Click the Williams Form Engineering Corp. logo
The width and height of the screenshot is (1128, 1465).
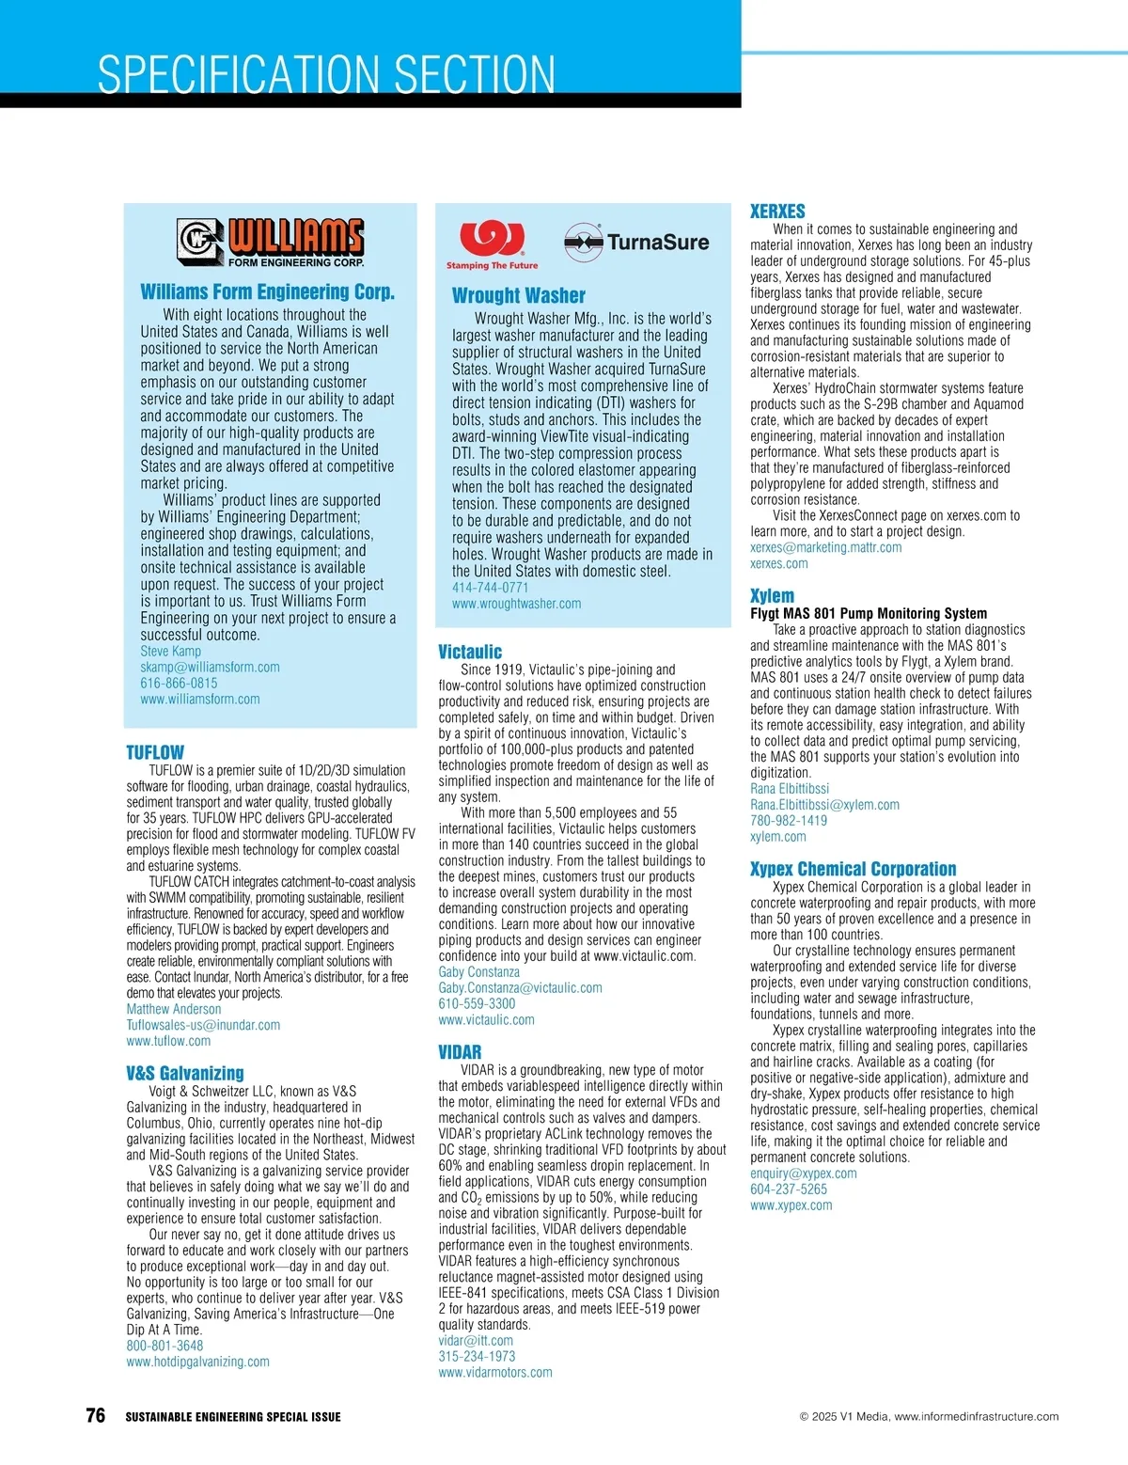pyautogui.click(x=271, y=242)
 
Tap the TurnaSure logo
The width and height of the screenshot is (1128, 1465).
pyautogui.click(x=636, y=242)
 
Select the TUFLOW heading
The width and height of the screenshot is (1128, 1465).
pyautogui.click(x=155, y=752)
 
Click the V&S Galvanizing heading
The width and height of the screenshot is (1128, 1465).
pyautogui.click(x=185, y=1073)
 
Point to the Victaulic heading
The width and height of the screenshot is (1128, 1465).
pyautogui.click(x=470, y=652)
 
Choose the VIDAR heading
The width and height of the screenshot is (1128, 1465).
pyautogui.click(x=460, y=1052)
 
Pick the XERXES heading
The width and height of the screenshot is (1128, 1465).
pyautogui.click(x=777, y=212)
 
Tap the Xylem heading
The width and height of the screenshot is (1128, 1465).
pyautogui.click(x=772, y=596)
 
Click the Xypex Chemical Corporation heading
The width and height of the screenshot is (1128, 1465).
pyautogui.click(x=853, y=869)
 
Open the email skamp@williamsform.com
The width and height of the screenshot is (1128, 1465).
pyautogui.click(x=210, y=667)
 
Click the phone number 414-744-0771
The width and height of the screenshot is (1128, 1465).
pyautogui.click(x=490, y=587)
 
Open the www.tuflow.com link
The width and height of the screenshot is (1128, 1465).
pyautogui.click(x=168, y=1041)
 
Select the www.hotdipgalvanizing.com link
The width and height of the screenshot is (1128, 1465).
pyautogui.click(x=197, y=1362)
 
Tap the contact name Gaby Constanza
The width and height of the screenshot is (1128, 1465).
pyautogui.click(x=478, y=971)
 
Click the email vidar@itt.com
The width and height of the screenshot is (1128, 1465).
pyautogui.click(x=476, y=1340)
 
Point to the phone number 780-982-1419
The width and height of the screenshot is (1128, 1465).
pyautogui.click(x=789, y=820)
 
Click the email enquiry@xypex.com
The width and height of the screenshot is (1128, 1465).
pyautogui.click(x=803, y=1173)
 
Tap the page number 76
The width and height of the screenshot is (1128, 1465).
pyautogui.click(x=95, y=1415)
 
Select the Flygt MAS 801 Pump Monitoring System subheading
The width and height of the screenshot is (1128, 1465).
pyautogui.click(x=868, y=613)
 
